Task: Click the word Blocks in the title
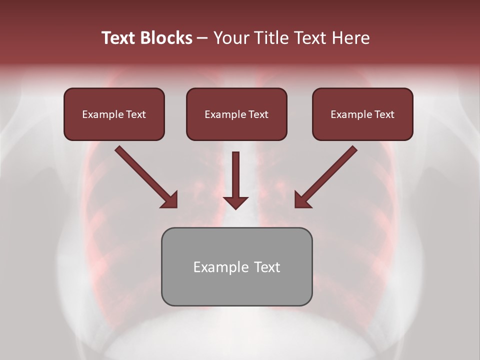pos(166,38)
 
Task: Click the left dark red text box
pos(114,114)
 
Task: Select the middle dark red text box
pos(236,114)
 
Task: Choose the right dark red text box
pos(362,114)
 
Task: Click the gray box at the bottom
pos(236,266)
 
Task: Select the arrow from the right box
pos(327,175)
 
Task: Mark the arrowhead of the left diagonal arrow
pos(170,200)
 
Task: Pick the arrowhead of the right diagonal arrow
pos(301,199)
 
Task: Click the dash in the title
pos(202,38)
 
